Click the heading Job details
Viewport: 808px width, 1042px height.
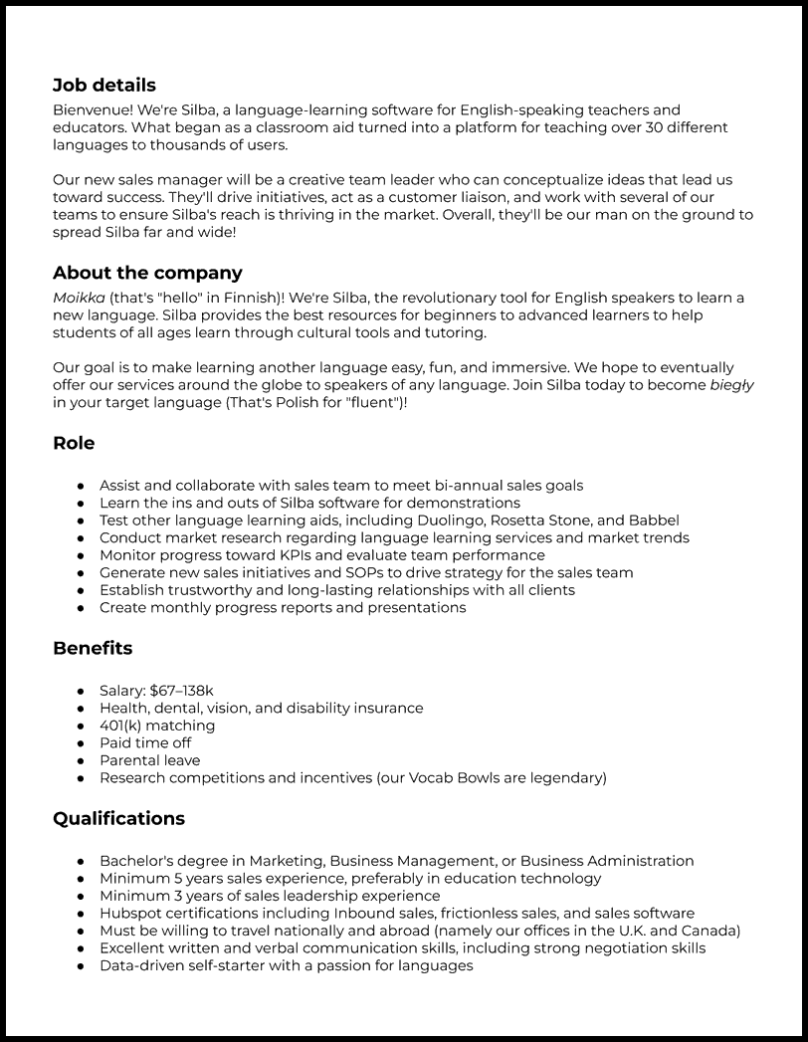point(104,86)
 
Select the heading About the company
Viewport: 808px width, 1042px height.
point(147,273)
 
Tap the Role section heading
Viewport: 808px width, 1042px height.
point(74,443)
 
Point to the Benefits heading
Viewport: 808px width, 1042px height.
point(93,648)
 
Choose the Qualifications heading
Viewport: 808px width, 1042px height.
point(118,818)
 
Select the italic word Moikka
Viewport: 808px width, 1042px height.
point(79,298)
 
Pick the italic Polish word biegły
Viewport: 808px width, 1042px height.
point(730,384)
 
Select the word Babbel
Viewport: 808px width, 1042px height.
point(655,521)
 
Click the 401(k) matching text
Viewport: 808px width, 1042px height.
point(157,726)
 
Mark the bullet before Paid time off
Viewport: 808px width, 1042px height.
point(81,743)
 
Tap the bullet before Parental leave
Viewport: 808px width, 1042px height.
point(81,760)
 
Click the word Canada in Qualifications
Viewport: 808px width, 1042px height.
point(710,931)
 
